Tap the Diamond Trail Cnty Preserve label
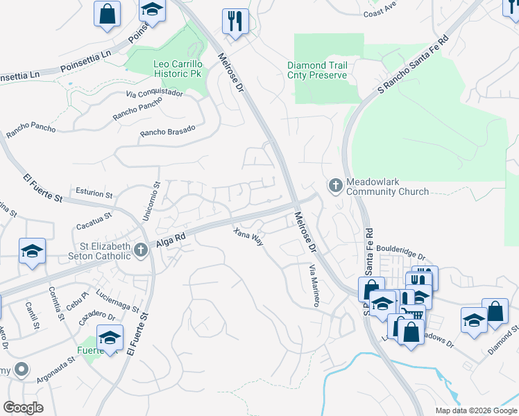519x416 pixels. pyautogui.click(x=317, y=70)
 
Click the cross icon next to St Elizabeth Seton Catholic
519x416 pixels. pyautogui.click(x=141, y=250)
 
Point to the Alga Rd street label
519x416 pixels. pyautogui.click(x=170, y=237)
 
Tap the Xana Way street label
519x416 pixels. pyautogui.click(x=248, y=237)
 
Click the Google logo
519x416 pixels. pyautogui.click(x=23, y=408)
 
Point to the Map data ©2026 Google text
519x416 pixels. pyautogui.click(x=475, y=410)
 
